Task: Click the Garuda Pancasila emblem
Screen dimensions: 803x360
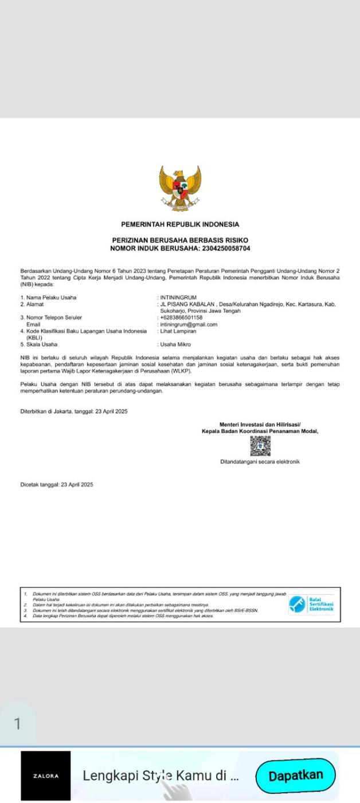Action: (x=180, y=189)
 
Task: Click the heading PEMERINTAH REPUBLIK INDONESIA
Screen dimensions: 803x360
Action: (x=180, y=224)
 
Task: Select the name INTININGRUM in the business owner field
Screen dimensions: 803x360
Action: (x=178, y=298)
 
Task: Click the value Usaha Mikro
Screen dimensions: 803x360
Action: (x=175, y=345)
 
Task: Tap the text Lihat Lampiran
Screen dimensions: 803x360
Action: (x=178, y=331)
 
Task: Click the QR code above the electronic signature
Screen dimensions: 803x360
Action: (x=260, y=446)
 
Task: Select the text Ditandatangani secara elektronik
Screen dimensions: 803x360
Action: (x=260, y=462)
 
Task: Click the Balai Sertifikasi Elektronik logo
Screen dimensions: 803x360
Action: (x=311, y=604)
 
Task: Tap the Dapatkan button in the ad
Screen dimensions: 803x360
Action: (x=295, y=775)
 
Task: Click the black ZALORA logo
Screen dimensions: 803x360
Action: (x=46, y=775)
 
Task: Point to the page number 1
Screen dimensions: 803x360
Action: (x=17, y=723)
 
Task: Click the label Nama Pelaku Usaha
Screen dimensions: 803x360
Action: (x=51, y=298)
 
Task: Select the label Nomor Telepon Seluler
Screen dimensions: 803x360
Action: (x=54, y=317)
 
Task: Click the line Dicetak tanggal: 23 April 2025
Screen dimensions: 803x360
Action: (x=57, y=485)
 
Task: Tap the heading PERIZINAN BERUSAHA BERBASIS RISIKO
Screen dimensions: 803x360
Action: (x=180, y=240)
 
